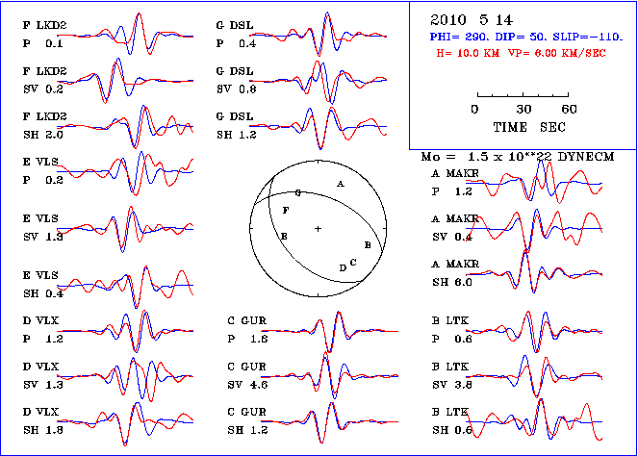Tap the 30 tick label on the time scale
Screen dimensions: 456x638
point(524,109)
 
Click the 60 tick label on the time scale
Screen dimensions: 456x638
point(569,109)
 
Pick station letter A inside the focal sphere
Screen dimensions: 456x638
point(340,183)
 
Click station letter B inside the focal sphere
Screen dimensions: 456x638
point(368,245)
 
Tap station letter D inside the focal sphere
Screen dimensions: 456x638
point(343,267)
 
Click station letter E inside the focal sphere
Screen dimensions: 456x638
point(283,236)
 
